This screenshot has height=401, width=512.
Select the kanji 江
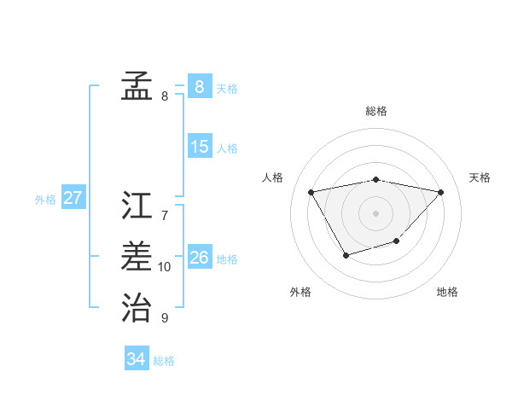tap(137, 206)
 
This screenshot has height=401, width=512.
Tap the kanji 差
tap(137, 255)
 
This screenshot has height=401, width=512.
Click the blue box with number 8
tap(199, 86)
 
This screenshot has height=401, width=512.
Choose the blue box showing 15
tap(199, 146)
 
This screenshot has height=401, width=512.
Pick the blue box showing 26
tap(199, 257)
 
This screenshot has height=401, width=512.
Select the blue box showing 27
tap(73, 198)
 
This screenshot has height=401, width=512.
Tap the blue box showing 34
tap(136, 359)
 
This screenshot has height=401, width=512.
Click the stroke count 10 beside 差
tap(165, 267)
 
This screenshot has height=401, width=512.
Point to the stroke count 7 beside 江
tap(165, 216)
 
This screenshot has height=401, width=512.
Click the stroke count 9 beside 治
tap(165, 318)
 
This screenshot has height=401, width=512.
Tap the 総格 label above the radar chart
tap(376, 111)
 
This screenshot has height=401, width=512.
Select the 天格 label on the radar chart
tap(480, 177)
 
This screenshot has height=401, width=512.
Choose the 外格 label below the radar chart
tap(300, 292)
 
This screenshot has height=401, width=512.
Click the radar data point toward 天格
tap(440, 192)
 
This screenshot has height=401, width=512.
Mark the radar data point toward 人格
tap(311, 191)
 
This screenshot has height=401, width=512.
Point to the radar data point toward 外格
tap(345, 255)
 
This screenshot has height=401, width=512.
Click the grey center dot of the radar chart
tap(375, 212)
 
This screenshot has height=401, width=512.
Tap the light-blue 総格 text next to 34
tap(164, 361)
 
